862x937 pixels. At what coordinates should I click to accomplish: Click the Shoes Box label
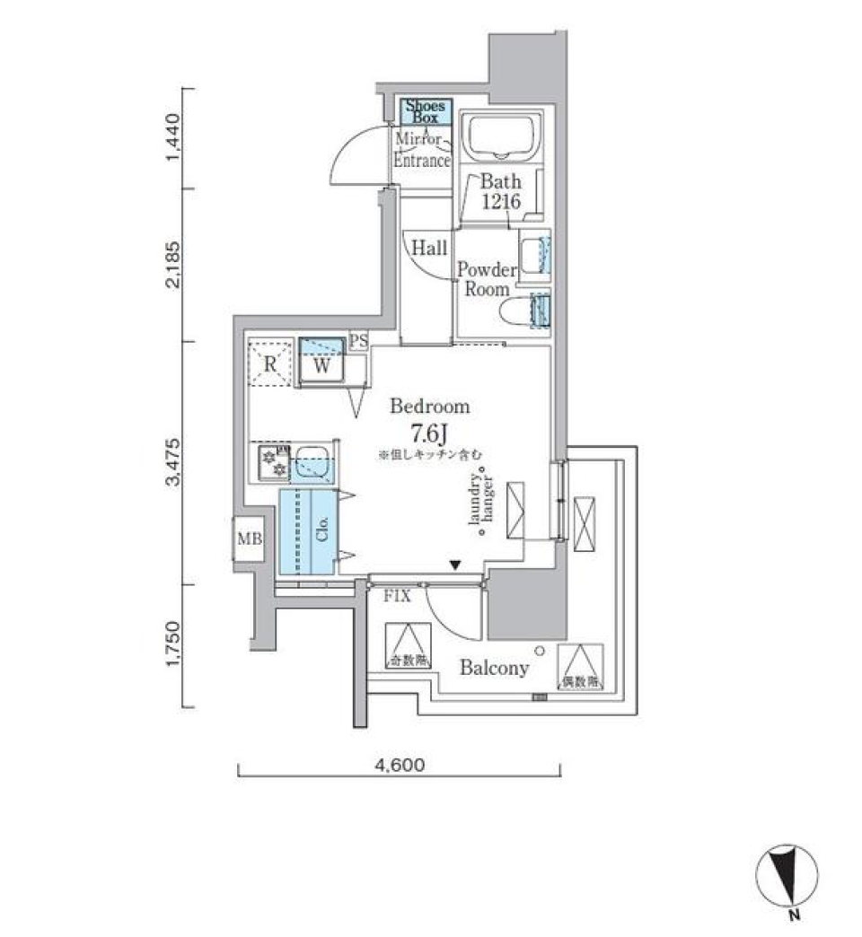point(425,111)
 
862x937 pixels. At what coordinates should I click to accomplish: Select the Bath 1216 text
point(499,192)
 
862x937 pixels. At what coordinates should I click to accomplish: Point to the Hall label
point(429,249)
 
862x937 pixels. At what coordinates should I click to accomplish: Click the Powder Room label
point(487,279)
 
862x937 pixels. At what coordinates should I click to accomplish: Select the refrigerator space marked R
point(269,363)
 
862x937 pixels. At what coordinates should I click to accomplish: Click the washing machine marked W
point(321,363)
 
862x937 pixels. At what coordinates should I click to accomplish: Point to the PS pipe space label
point(358,340)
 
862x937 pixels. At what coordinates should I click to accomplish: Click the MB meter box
point(249,539)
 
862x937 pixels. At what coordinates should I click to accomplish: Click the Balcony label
point(494,669)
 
